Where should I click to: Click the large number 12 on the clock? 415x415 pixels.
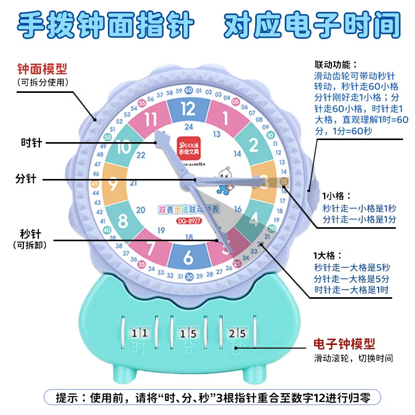tap(188, 109)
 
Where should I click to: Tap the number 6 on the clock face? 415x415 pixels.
tap(188, 257)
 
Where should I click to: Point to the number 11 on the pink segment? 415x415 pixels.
tap(150, 119)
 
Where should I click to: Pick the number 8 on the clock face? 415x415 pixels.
tap(123, 221)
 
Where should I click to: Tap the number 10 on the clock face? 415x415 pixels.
tap(124, 147)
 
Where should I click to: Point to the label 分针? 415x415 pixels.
tap(25, 179)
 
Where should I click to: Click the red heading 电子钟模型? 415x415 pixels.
tap(344, 343)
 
